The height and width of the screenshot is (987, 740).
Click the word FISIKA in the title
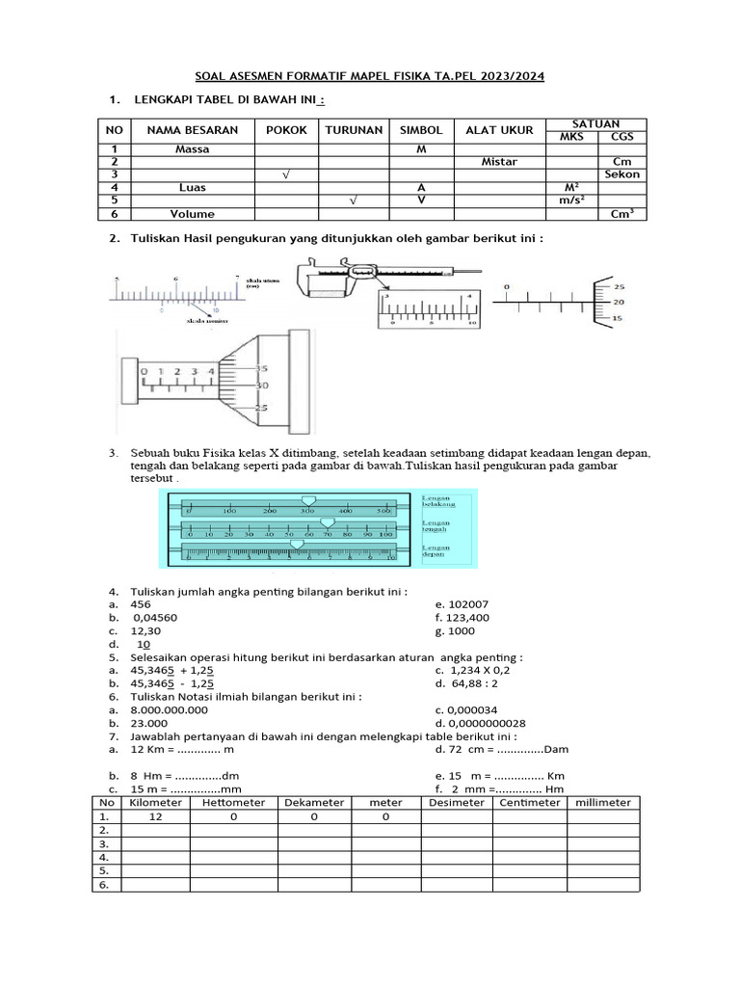[392, 76]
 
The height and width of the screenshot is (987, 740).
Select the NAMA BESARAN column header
[192, 130]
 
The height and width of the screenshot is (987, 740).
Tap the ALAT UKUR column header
[492, 130]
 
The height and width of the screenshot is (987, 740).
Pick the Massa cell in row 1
[192, 149]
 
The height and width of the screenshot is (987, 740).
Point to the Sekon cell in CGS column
[621, 174]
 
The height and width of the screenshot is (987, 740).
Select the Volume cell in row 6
[192, 214]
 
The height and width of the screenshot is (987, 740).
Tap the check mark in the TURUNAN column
[354, 200]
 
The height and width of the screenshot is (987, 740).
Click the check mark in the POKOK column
[286, 174]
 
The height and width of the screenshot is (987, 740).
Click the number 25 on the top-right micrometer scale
[619, 287]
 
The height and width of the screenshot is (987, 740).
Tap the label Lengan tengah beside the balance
[436, 527]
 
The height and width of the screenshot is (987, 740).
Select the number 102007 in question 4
[469, 604]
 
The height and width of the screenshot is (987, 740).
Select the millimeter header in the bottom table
[603, 803]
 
